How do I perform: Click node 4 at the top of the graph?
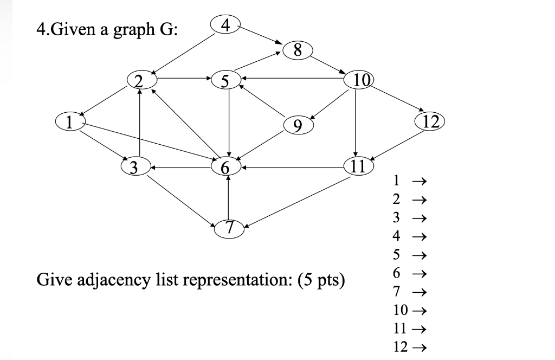pos(226,24)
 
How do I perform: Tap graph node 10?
pos(359,80)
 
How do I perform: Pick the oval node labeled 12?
pos(429,120)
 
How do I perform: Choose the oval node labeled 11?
pos(357,166)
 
